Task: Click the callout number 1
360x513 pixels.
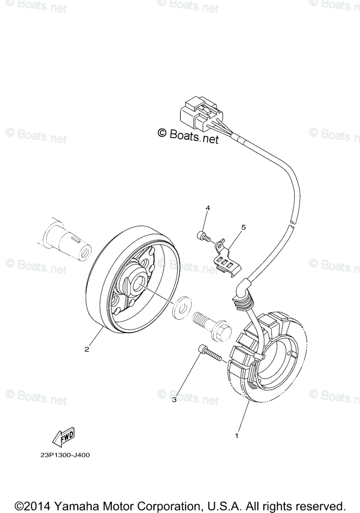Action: pyautogui.click(x=236, y=436)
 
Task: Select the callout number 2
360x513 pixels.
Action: pyautogui.click(x=86, y=349)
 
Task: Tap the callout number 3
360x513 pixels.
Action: pyautogui.click(x=174, y=400)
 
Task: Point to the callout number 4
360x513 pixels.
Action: pyautogui.click(x=207, y=208)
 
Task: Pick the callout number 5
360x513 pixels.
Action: pyautogui.click(x=243, y=227)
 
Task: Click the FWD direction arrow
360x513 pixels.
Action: pyautogui.click(x=64, y=436)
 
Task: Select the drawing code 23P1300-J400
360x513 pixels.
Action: pyautogui.click(x=63, y=455)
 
